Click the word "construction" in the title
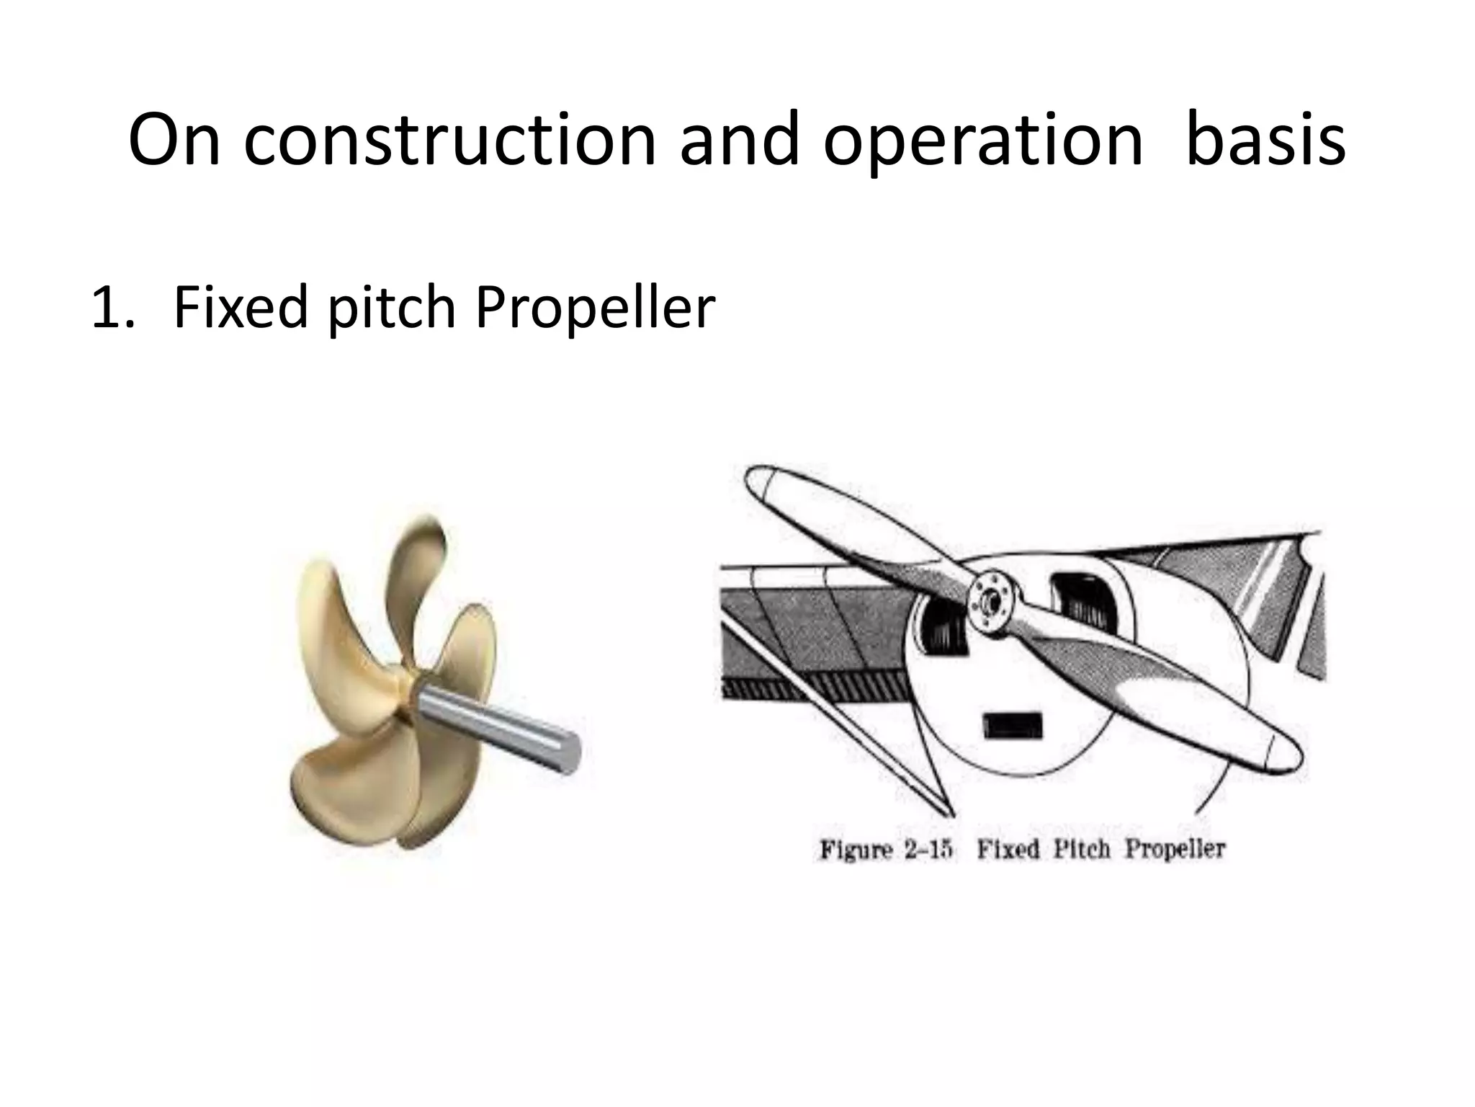(450, 140)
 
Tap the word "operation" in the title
(983, 140)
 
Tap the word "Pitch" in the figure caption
(1081, 849)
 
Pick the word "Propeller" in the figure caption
(1174, 849)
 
